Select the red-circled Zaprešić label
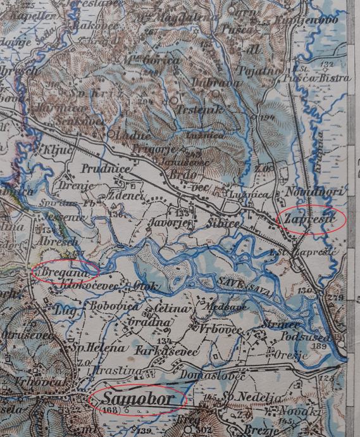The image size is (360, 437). click(x=310, y=219)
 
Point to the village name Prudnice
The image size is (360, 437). click(x=106, y=170)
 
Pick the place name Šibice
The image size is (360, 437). click(x=222, y=224)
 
